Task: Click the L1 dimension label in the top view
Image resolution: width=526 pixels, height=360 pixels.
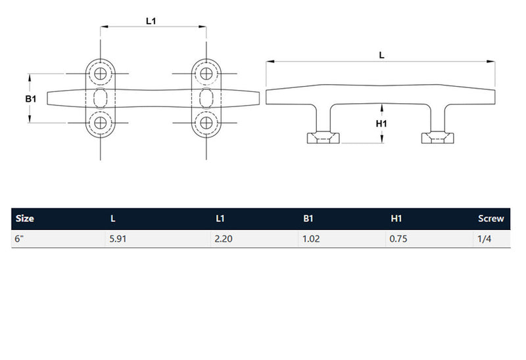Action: click(151, 21)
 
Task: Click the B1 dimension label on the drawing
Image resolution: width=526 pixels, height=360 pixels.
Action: click(30, 99)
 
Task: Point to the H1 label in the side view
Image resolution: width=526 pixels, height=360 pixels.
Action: click(381, 124)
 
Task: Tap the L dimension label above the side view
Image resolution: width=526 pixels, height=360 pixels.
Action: click(382, 56)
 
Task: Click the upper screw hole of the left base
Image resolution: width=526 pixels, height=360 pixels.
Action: click(101, 74)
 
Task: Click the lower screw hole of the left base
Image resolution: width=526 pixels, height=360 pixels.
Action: click(101, 122)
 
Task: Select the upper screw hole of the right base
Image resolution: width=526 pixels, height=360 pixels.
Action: click(206, 74)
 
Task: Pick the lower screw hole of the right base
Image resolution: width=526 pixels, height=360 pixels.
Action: click(206, 122)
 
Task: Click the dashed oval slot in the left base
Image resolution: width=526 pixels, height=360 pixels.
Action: click(101, 98)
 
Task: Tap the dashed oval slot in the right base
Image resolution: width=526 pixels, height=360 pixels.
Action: click(206, 98)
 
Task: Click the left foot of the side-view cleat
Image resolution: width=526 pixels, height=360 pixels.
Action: click(323, 137)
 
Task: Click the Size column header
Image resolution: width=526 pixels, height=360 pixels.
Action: click(24, 219)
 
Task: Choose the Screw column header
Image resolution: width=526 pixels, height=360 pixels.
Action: click(490, 219)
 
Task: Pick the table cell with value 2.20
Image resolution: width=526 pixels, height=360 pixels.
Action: click(224, 239)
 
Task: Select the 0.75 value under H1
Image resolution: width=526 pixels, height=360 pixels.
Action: click(398, 239)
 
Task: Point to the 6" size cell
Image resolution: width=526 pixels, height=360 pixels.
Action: click(20, 239)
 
